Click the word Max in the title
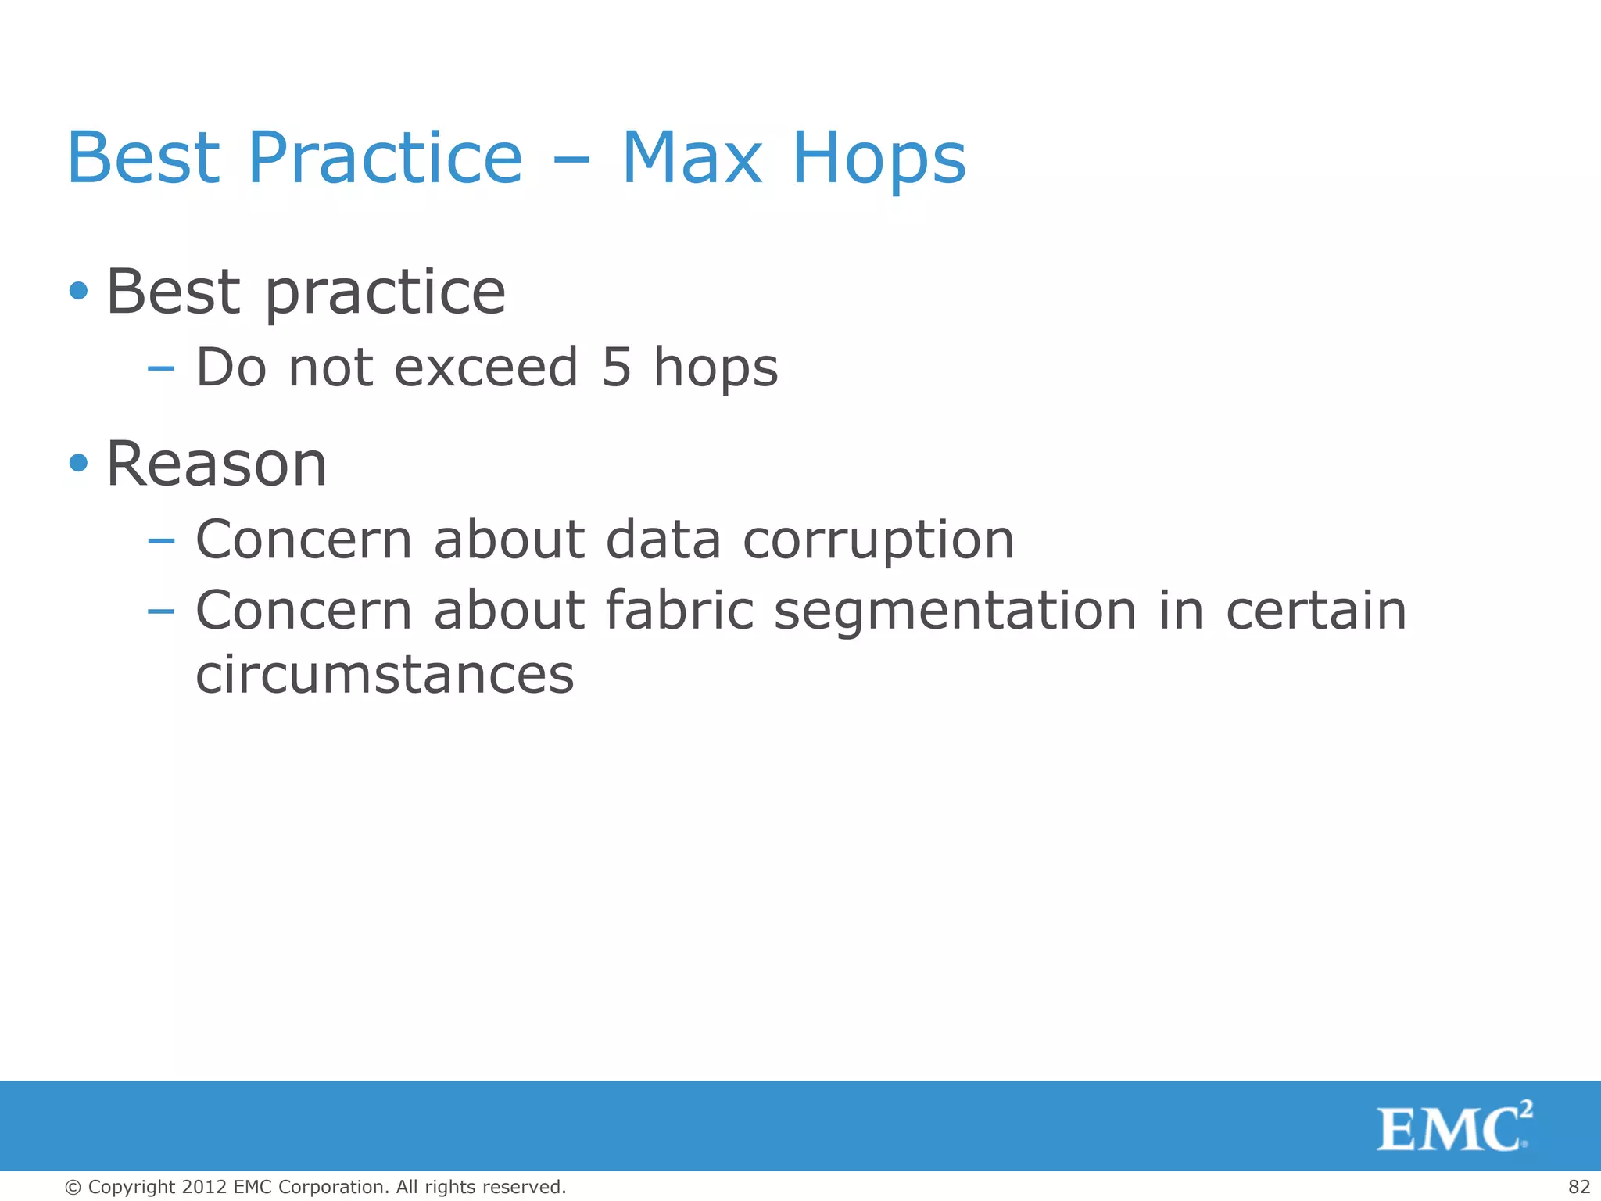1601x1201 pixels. pos(692,159)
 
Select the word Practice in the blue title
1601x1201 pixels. pos(385,159)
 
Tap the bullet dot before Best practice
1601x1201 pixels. pos(78,292)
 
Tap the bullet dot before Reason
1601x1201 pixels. pos(78,463)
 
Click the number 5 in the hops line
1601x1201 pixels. pos(617,367)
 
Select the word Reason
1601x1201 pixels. pos(217,464)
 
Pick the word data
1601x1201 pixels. pos(663,540)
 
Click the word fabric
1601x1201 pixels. pos(679,610)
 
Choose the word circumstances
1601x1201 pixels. pos(385,674)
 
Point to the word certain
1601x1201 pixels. pos(1316,610)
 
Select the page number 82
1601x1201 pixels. pos(1579,1187)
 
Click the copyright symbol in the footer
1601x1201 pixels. pos(73,1188)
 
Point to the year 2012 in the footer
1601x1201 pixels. pos(204,1187)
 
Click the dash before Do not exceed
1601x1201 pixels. pos(160,369)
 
